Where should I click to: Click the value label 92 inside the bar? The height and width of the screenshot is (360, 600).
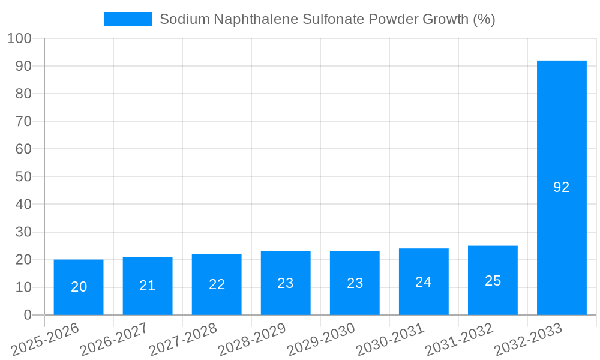pyautogui.click(x=562, y=187)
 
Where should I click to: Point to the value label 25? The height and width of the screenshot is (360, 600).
pyautogui.click(x=493, y=281)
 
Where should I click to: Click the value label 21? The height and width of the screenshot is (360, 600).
pyautogui.click(x=148, y=286)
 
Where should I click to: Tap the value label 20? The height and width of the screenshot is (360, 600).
pyautogui.click(x=79, y=287)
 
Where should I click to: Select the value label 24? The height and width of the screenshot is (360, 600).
pyautogui.click(x=424, y=282)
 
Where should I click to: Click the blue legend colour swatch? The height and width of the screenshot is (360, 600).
pyautogui.click(x=128, y=19)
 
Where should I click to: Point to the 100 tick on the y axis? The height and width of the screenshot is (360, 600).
pyautogui.click(x=19, y=38)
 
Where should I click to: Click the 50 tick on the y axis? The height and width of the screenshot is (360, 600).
pyautogui.click(x=23, y=176)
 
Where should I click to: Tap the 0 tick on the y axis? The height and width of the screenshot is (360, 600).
pyautogui.click(x=27, y=315)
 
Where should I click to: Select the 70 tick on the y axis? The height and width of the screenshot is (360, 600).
pyautogui.click(x=23, y=121)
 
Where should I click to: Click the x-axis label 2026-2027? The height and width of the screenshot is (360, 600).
pyautogui.click(x=114, y=340)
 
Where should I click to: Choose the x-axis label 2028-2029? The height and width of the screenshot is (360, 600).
pyautogui.click(x=252, y=340)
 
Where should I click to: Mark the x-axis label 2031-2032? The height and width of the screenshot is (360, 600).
pyautogui.click(x=459, y=340)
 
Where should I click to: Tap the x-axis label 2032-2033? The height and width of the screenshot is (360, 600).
pyautogui.click(x=528, y=340)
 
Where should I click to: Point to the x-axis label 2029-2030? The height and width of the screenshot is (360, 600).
pyautogui.click(x=321, y=340)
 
